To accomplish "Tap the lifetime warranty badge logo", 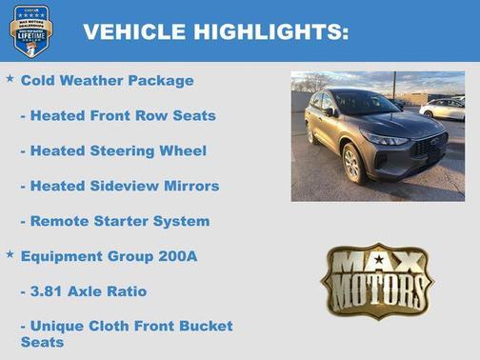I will pos(30,31).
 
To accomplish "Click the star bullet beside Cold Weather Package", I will pos(10,79).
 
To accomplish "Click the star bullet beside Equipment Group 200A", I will pos(10,254).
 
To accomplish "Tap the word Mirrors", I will pos(189,186).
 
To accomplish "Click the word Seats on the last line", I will pos(42,342).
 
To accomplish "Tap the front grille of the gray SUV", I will pos(427,147).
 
